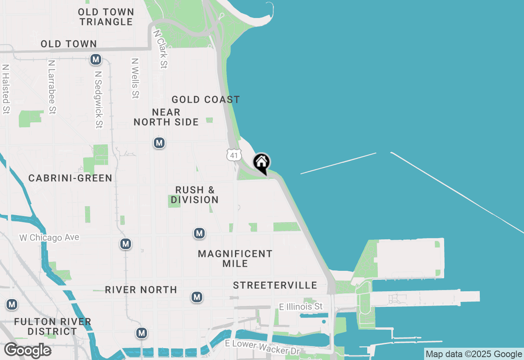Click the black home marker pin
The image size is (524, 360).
[x=261, y=163]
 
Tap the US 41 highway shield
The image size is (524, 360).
[x=233, y=155]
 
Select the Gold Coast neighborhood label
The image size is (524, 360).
[x=206, y=99]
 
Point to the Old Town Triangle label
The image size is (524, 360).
[x=106, y=17]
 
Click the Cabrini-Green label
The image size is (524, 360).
[x=70, y=178]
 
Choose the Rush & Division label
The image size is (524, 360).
[x=194, y=195]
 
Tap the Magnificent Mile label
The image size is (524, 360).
[x=235, y=259]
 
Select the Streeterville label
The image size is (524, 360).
[x=275, y=285]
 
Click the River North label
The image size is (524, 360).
[x=141, y=290]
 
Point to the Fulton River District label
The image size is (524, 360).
[x=52, y=326]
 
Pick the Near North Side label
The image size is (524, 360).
[x=166, y=117]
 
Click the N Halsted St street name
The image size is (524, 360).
[x=6, y=89]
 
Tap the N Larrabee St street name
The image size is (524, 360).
[x=52, y=87]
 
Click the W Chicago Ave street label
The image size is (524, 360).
[x=49, y=238]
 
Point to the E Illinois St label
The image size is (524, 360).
[x=301, y=306]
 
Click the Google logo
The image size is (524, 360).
[x=27, y=351]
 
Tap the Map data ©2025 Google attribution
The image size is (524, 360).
[x=474, y=354]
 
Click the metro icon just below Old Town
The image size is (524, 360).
[x=96, y=60]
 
